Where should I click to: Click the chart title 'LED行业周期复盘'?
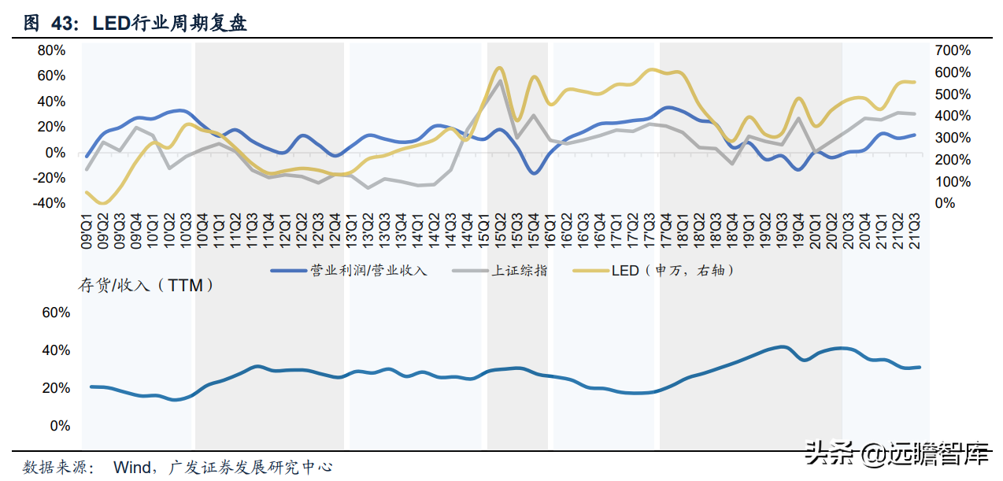tap(169, 24)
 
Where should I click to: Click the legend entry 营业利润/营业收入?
tap(368, 271)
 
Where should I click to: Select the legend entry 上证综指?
tap(519, 271)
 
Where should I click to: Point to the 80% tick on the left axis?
tap(52, 50)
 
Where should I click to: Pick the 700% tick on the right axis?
tap(953, 50)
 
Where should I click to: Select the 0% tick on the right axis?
tap(944, 203)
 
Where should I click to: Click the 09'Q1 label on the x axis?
tap(87, 229)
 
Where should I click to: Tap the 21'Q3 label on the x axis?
tap(916, 229)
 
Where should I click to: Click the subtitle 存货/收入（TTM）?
tap(146, 286)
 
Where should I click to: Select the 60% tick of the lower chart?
tap(55, 313)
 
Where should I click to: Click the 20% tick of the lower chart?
tap(55, 388)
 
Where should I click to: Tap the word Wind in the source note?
tap(132, 467)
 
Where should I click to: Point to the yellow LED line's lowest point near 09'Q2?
tap(103, 203)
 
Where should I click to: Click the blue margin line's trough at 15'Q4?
tap(534, 172)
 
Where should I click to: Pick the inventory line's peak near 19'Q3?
tap(782, 346)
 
